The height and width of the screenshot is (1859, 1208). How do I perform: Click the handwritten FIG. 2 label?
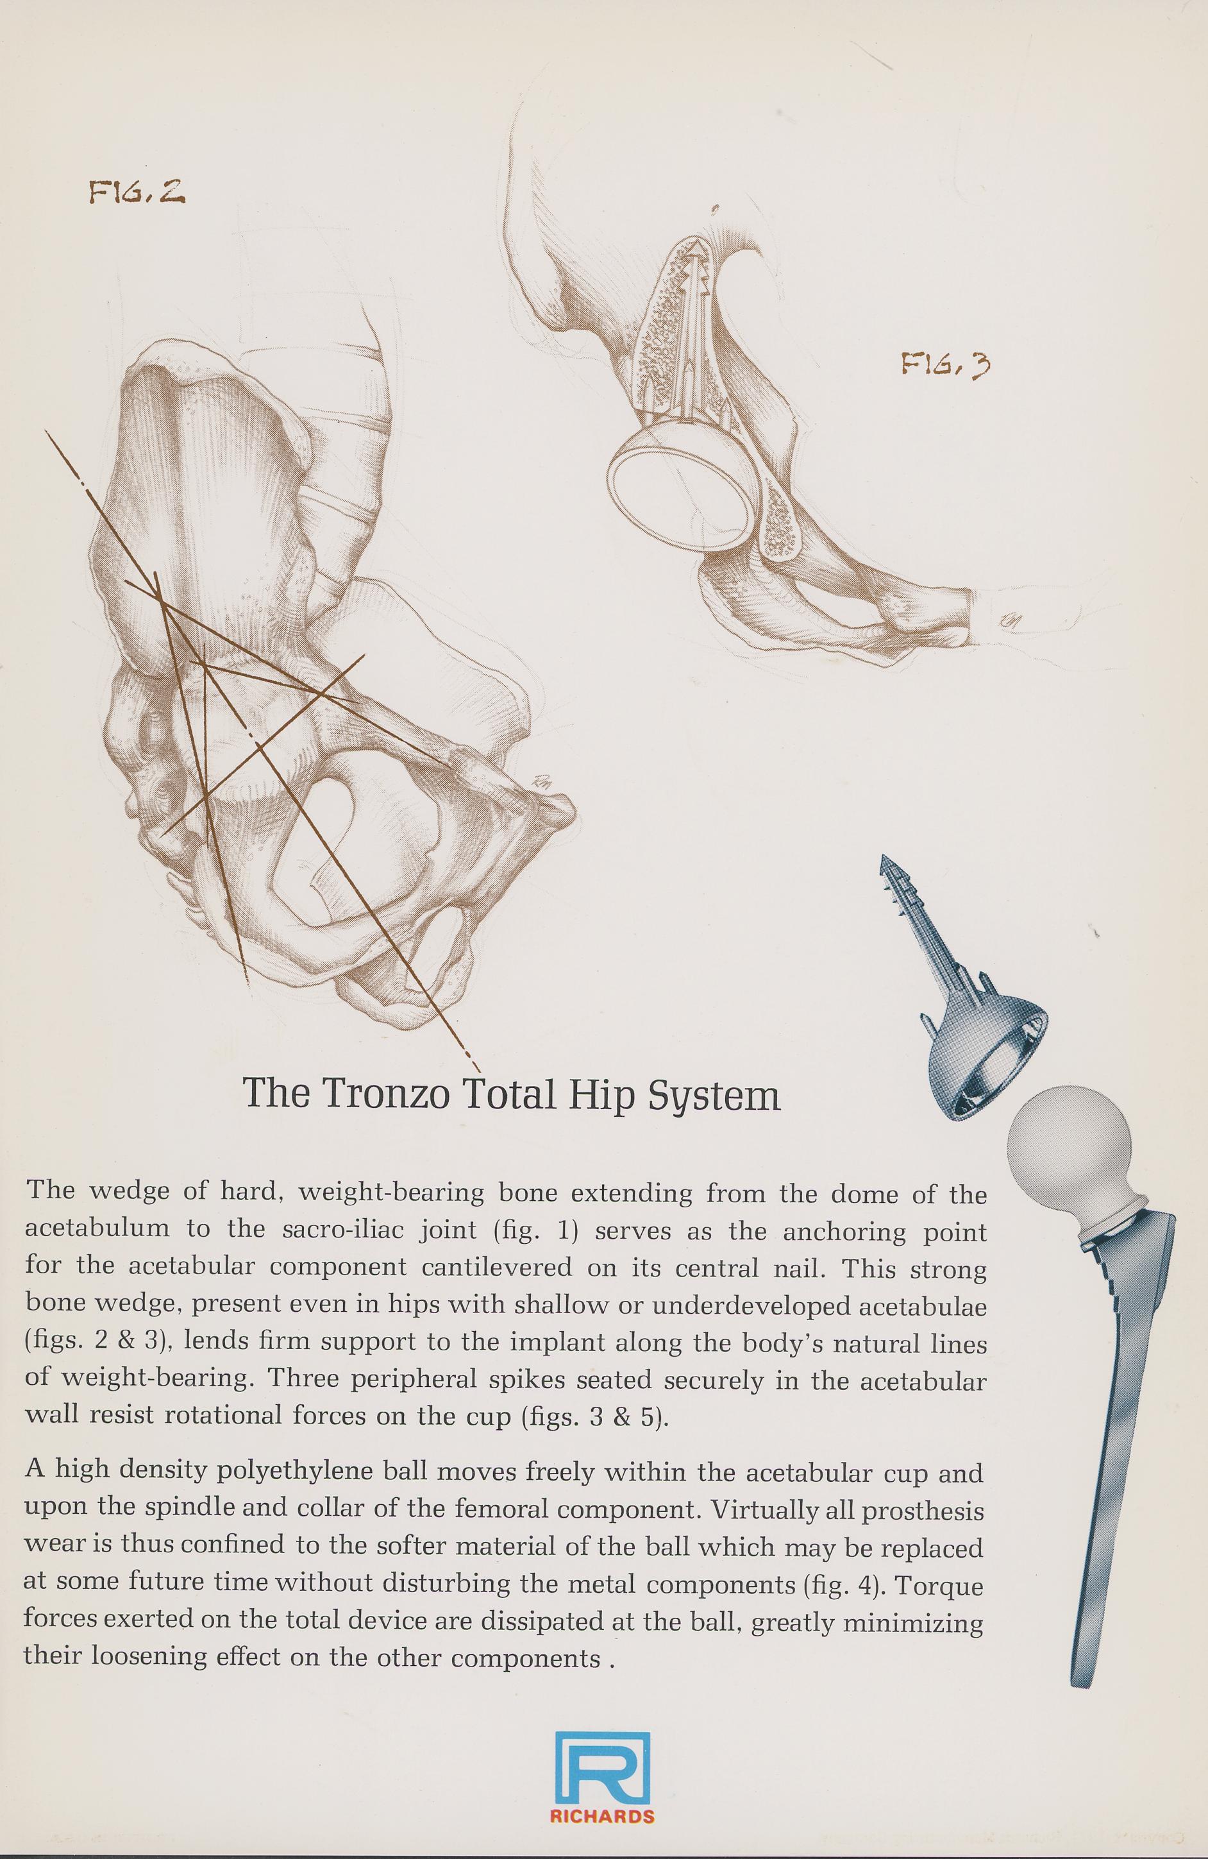136,192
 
